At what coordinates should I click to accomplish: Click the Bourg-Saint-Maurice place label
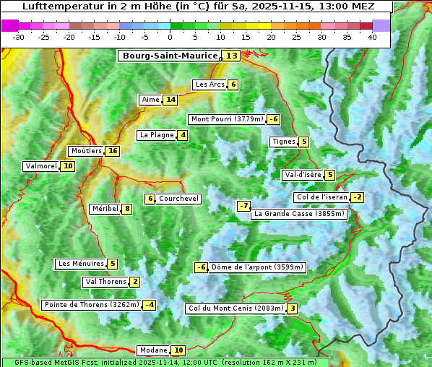(x=170, y=56)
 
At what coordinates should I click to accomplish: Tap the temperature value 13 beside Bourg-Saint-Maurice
(x=231, y=56)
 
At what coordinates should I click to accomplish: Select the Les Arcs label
(x=210, y=85)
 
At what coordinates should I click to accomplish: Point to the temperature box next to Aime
(x=170, y=100)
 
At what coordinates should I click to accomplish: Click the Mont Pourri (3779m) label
(x=226, y=119)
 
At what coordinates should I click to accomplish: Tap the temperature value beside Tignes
(x=303, y=142)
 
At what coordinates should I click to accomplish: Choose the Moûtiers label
(x=86, y=151)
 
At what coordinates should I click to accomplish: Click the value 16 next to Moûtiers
(x=111, y=151)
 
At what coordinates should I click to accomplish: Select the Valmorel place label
(x=41, y=166)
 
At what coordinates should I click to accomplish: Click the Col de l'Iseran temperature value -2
(x=357, y=197)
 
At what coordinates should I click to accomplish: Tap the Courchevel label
(x=178, y=199)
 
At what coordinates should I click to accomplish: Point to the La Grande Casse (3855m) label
(x=299, y=214)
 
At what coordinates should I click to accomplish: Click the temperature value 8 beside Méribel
(x=127, y=209)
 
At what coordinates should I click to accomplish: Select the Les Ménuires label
(x=80, y=264)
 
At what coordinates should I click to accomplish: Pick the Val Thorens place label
(x=105, y=282)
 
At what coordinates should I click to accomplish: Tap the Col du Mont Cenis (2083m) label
(x=236, y=308)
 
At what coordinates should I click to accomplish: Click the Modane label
(x=153, y=350)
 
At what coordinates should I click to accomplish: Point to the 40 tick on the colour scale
(x=372, y=37)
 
